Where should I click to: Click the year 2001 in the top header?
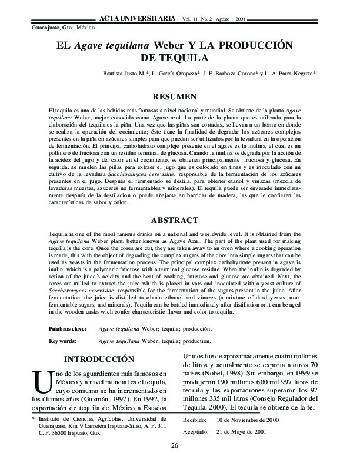click(240, 19)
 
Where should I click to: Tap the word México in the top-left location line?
click(82, 28)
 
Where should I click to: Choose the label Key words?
click(61, 341)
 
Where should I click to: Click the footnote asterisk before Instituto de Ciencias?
click(33, 420)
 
